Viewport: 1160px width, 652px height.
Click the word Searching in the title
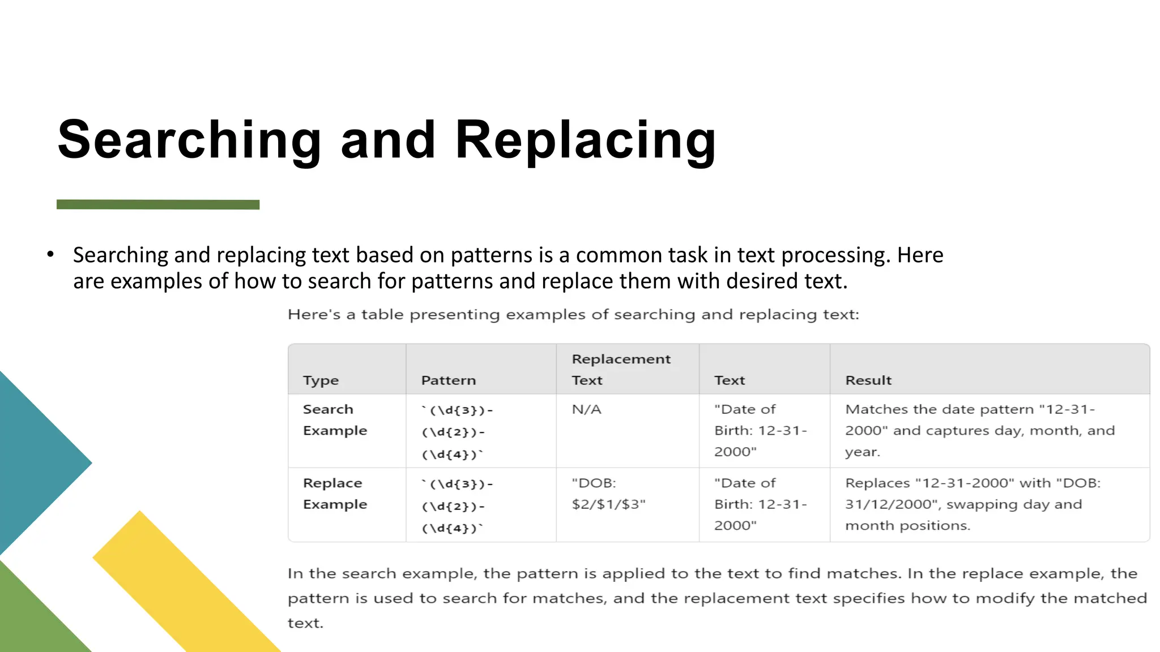[x=189, y=140]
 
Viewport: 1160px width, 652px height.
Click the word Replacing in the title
[x=586, y=140]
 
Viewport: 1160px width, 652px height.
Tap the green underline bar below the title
[x=158, y=204]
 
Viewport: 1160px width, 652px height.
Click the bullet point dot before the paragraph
[x=50, y=255]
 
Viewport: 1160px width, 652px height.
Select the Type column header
[x=321, y=380]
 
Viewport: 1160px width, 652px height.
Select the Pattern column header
[x=448, y=380]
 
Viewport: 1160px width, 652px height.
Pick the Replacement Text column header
[x=621, y=369]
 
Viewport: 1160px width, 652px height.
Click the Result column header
[x=868, y=380]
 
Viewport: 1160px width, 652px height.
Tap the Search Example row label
[x=334, y=419]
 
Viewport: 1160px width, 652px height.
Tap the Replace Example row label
[x=334, y=494]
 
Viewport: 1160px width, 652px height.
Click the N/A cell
[x=586, y=409]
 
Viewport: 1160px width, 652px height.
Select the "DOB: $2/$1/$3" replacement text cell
[x=608, y=494]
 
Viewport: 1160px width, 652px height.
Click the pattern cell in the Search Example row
[x=457, y=432]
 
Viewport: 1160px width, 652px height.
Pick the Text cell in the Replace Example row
[x=760, y=504]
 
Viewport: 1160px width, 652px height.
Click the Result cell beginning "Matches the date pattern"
[x=979, y=430]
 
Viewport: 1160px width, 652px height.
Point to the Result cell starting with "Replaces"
[x=972, y=504]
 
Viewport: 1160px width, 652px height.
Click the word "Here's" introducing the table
[x=314, y=315]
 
